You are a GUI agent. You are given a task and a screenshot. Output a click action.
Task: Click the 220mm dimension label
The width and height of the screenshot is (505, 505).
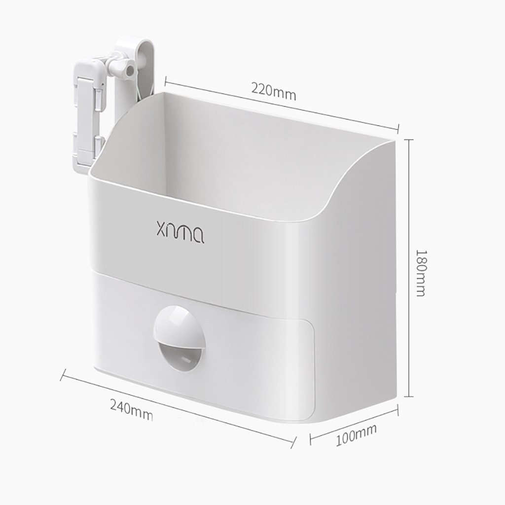pos(273,91)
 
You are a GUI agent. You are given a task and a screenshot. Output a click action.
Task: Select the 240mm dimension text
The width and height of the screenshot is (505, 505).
pos(131,410)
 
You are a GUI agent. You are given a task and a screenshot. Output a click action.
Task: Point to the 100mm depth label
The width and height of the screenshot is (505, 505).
pos(356,435)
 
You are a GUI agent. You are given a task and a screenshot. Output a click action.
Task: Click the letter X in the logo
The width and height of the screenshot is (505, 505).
pos(162,229)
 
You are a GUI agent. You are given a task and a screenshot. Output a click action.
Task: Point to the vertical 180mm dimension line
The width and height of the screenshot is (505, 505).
pos(409,268)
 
